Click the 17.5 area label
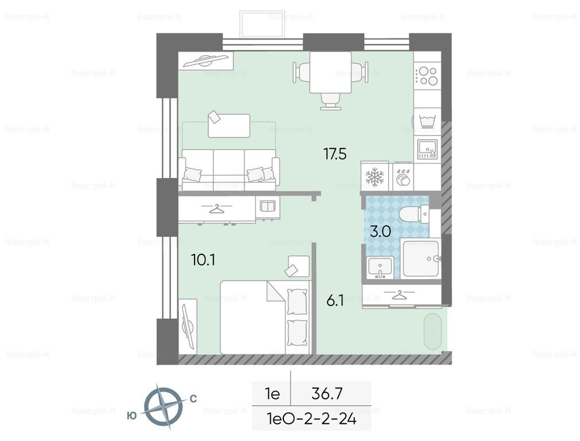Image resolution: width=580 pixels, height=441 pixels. [335, 153]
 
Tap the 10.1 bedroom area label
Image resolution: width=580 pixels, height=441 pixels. [203, 260]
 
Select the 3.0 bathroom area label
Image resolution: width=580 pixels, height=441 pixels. [380, 232]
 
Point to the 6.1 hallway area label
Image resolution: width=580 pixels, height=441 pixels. [335, 301]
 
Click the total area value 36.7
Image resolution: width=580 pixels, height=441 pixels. [327, 393]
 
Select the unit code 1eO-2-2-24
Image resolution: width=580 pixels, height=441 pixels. [312, 419]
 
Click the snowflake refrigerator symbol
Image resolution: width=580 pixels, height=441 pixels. [375, 177]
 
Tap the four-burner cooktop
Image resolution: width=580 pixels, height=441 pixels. [427, 76]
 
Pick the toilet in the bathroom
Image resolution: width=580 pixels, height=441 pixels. [414, 214]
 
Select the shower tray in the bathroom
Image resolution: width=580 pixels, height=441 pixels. [421, 258]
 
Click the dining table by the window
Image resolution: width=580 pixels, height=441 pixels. [330, 72]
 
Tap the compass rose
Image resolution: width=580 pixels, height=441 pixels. [163, 406]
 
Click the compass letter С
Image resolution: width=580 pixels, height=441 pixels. [193, 399]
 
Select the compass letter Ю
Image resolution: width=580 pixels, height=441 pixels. [132, 416]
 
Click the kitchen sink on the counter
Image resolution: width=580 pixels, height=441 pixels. [427, 149]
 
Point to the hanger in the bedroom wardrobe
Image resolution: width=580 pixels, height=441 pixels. [217, 209]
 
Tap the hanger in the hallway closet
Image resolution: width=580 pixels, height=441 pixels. [399, 295]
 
